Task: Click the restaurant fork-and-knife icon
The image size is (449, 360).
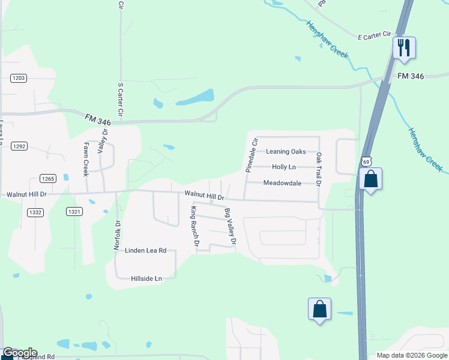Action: click(404, 47)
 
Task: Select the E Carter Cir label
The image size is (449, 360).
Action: click(375, 37)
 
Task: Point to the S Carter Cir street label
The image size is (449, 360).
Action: click(121, 100)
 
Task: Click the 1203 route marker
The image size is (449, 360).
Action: click(19, 78)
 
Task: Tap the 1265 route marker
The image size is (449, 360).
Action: click(47, 178)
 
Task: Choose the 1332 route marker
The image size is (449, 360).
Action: click(35, 212)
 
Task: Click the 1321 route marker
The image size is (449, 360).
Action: click(74, 212)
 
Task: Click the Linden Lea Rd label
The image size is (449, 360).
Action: click(145, 251)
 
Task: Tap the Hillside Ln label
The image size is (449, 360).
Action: click(146, 279)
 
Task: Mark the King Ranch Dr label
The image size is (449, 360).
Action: click(194, 227)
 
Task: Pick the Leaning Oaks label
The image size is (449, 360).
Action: click(286, 152)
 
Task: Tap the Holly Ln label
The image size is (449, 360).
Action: click(284, 167)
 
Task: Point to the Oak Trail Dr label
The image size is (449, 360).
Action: click(319, 169)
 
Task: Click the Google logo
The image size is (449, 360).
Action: click(19, 353)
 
